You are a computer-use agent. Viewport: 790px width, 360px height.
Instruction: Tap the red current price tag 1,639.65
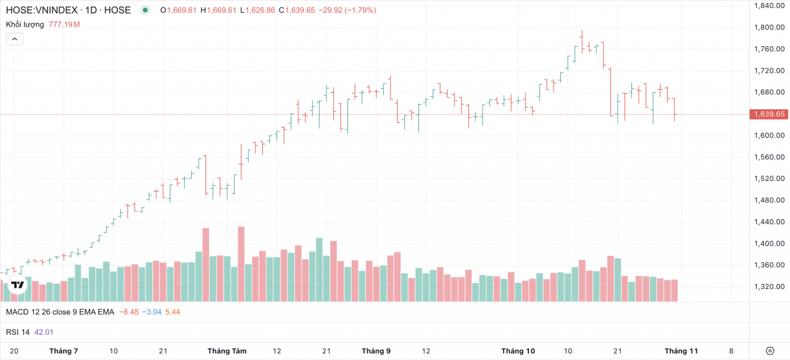768,114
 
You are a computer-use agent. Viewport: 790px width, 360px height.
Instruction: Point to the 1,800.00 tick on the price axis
768,27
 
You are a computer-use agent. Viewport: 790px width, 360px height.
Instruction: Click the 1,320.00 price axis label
768,287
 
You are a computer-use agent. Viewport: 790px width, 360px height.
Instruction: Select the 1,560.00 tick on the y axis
768,157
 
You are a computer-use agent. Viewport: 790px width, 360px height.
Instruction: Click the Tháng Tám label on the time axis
227,351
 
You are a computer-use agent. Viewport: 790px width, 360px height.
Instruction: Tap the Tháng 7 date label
64,351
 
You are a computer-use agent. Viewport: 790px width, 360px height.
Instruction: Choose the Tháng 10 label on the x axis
518,351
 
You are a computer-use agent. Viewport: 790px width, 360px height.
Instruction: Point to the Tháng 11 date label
681,351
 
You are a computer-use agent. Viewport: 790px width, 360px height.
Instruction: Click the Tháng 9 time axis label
376,351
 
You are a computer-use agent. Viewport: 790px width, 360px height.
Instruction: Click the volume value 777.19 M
64,25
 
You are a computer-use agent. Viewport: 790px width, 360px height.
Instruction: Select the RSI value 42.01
44,332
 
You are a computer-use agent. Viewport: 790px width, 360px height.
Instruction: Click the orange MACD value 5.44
173,312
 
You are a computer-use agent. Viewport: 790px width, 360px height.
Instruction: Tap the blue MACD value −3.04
152,312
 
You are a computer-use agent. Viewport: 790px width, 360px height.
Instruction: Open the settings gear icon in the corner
770,351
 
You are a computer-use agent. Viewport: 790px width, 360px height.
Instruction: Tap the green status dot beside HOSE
145,10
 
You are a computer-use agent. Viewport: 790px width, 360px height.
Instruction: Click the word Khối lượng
25,25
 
